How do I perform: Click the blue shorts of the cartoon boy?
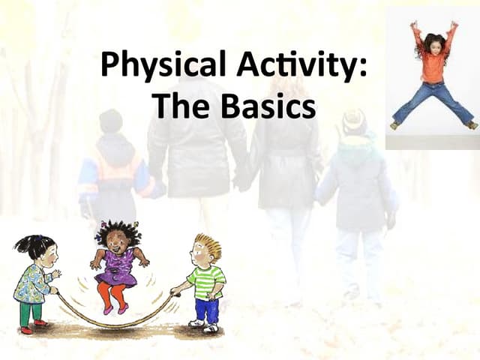click(x=205, y=308)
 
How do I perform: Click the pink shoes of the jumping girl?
click(x=114, y=308)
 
